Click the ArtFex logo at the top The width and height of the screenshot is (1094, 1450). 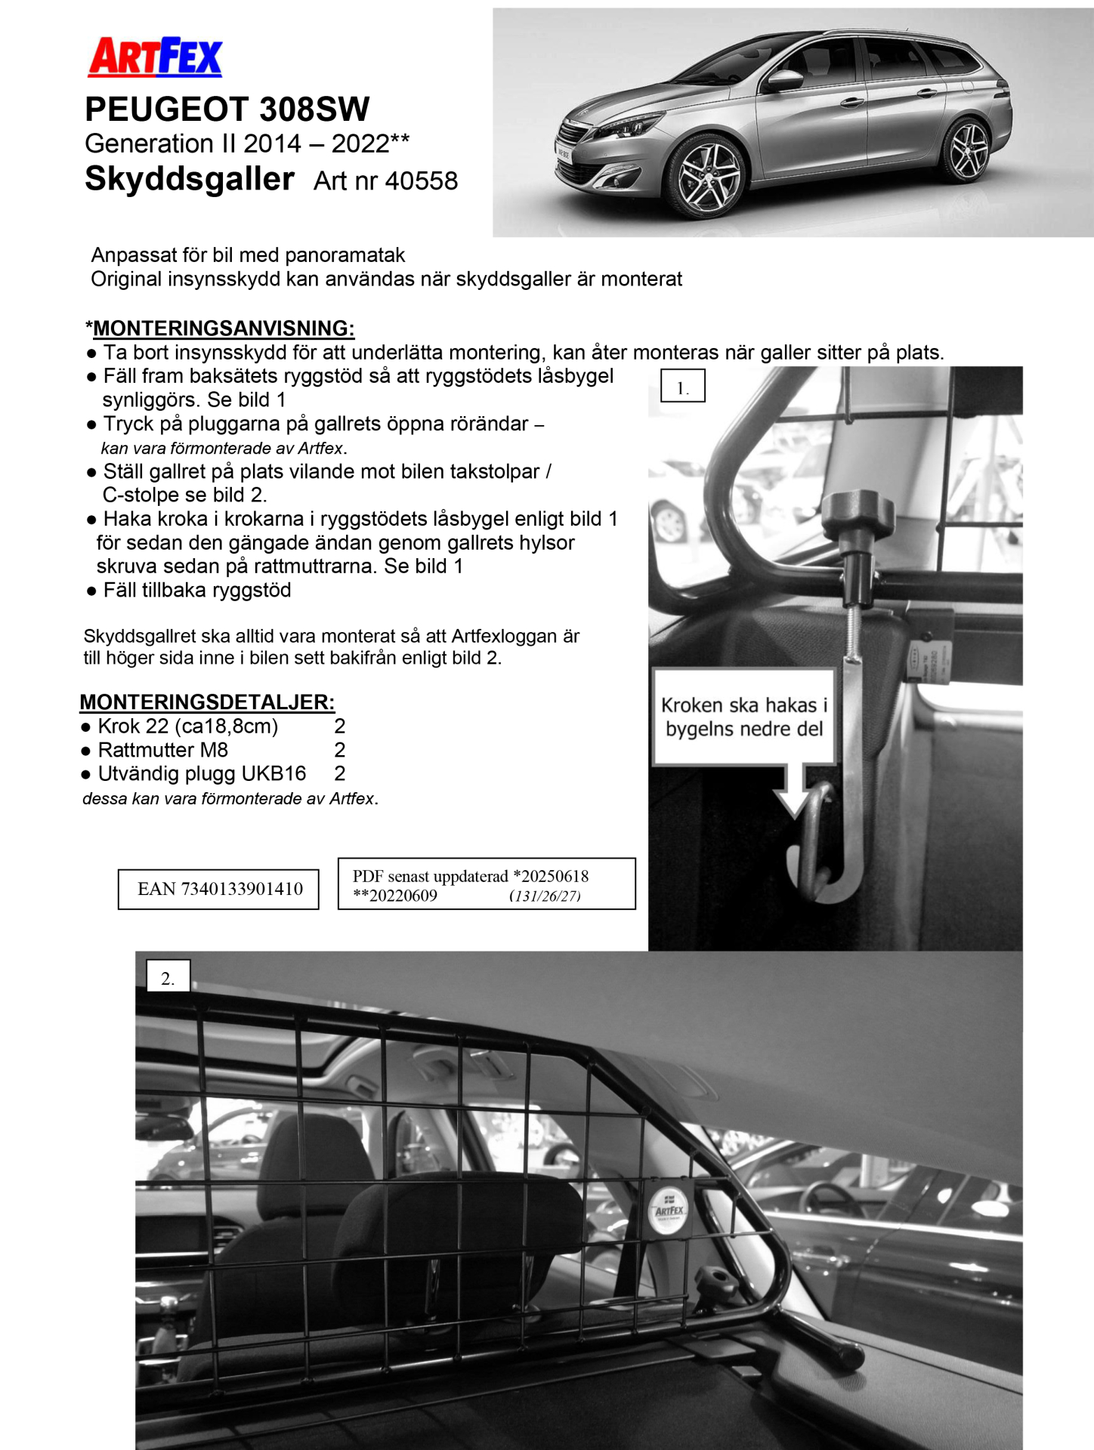(155, 57)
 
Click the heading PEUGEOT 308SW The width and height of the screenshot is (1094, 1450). (227, 110)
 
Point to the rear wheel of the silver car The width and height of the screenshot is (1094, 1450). (968, 150)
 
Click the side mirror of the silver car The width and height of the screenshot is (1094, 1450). (784, 79)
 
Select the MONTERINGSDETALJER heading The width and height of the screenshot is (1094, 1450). (207, 702)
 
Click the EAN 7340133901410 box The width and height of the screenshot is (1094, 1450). (218, 889)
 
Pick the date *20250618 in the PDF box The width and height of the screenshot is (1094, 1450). (551, 876)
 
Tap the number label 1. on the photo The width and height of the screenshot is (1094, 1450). (682, 386)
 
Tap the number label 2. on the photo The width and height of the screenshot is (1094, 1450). (168, 978)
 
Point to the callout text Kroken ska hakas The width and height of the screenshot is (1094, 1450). (744, 705)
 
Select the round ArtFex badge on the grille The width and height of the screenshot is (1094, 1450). (669, 1211)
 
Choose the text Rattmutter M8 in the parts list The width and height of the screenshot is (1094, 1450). (163, 750)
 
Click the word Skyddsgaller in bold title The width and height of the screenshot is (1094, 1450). (189, 180)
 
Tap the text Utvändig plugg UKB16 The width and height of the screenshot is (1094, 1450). (202, 773)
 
